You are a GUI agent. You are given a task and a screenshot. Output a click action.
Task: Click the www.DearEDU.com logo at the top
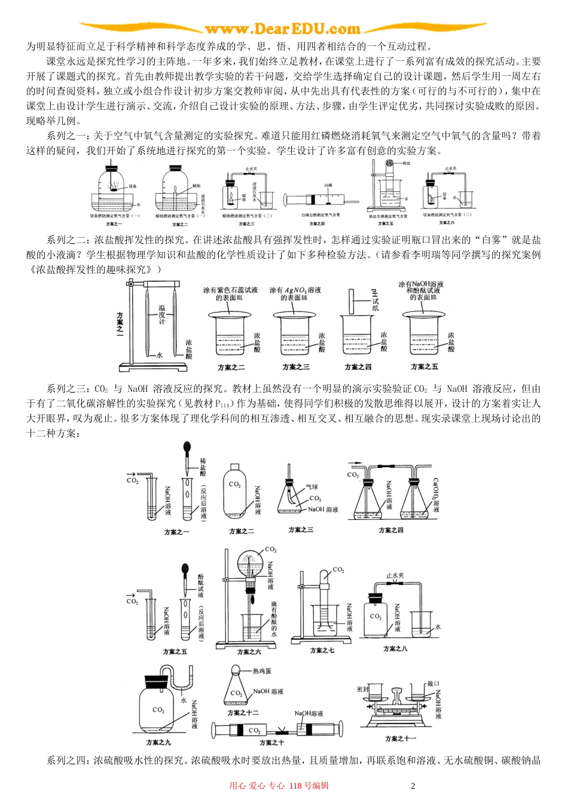pos(282,29)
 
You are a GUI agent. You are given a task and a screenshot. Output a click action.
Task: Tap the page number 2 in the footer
pos(413,786)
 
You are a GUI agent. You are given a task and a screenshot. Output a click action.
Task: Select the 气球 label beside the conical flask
pos(312,487)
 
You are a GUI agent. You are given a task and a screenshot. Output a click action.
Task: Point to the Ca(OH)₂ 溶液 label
pos(436,495)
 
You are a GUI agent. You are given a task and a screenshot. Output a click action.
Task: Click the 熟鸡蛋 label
pos(262,672)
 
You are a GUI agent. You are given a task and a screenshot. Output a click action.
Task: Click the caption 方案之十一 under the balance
pos(400,738)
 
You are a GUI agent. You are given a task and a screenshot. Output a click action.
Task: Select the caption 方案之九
pos(158,742)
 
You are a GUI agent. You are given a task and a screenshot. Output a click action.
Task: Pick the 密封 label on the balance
pos(362,689)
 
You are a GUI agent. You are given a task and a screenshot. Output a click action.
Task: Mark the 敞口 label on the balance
pos(433,684)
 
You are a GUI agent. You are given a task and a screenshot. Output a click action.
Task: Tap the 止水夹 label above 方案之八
pos(395,576)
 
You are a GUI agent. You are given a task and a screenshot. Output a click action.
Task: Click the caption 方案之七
pos(322,650)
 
